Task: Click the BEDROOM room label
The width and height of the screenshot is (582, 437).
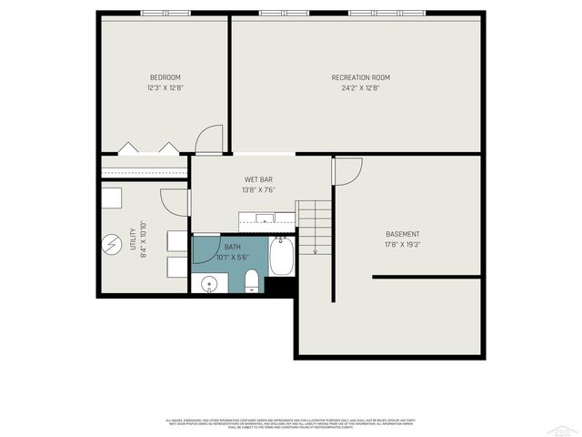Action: point(165,76)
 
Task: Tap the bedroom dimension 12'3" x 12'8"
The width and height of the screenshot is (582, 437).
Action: point(165,88)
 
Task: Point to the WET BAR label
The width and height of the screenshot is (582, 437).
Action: point(257,179)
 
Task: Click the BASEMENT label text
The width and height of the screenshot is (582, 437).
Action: point(403,233)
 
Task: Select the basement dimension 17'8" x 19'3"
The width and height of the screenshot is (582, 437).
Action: point(403,244)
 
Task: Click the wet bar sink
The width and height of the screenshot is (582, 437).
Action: point(265,218)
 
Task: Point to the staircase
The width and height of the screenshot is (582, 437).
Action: point(315,228)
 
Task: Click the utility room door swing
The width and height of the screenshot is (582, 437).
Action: point(175,202)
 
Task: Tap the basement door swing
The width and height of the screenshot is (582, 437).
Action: point(347,170)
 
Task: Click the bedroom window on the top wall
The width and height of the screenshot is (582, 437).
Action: point(165,13)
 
